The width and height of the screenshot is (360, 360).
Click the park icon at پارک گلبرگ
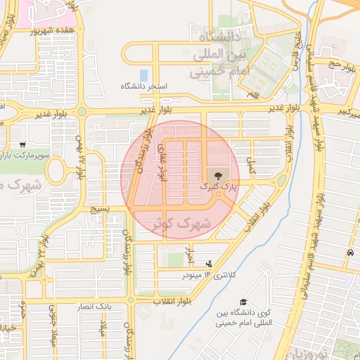(x=214, y=174)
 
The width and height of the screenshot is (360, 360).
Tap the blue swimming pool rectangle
(x=144, y=75)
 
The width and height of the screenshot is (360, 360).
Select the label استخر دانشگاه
(x=145, y=86)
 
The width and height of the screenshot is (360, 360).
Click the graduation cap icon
(x=243, y=300)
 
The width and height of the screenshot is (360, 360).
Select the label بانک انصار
(x=94, y=307)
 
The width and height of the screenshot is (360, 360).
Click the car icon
(x=349, y=252)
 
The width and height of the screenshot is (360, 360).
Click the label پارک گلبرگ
(x=214, y=188)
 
